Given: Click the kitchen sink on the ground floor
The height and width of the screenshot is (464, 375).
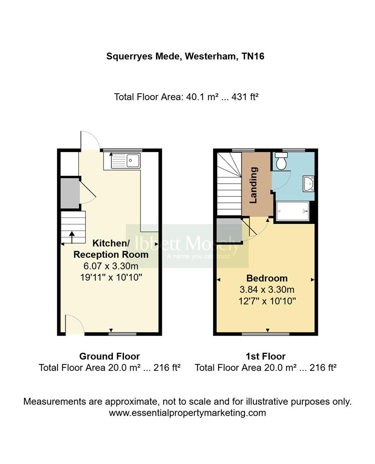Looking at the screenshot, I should coord(126,161).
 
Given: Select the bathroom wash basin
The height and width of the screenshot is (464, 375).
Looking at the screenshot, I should coord(308,184).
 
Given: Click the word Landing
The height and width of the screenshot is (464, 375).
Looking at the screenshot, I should coord(254,185).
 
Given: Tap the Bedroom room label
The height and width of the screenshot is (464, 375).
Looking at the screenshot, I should coord(267,278).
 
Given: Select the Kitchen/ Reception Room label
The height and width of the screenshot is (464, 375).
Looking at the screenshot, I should coord(111,249).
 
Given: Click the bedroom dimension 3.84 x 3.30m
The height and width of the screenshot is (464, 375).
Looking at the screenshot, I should coord(267,290).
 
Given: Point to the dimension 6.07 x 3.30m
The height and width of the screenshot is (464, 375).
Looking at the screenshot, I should coord(111,266).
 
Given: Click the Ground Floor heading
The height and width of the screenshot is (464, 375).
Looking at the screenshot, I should coord(110,356).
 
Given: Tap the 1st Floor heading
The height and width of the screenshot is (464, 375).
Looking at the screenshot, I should coord(265,356).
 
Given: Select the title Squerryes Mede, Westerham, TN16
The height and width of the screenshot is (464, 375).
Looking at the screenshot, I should coord(185,56).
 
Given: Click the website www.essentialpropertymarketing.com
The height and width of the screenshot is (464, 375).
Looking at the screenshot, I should coord(187,413).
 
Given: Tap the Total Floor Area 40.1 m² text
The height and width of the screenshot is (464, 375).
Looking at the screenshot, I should coord(186,97).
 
